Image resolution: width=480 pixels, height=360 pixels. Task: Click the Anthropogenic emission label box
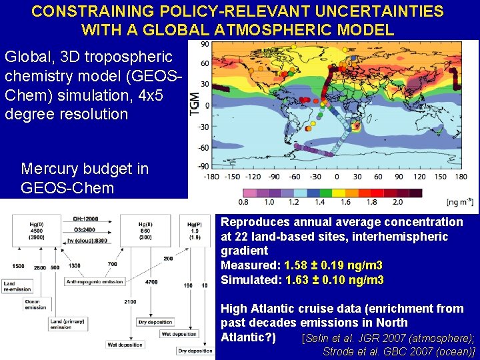coord(94,282)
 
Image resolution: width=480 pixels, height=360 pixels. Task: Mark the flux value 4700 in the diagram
coord(151,282)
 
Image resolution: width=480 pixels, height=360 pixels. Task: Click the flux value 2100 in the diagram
coord(129,302)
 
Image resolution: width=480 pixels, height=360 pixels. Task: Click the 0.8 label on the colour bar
coord(244,202)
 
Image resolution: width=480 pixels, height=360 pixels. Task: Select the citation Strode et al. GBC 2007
coord(398,351)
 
